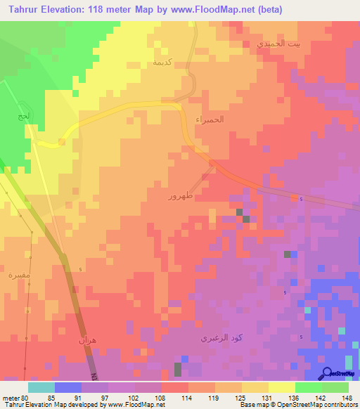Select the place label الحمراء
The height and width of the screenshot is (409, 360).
coord(210,119)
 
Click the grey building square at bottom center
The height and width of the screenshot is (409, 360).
coord(177,369)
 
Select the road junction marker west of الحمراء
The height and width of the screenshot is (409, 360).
coord(62,142)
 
